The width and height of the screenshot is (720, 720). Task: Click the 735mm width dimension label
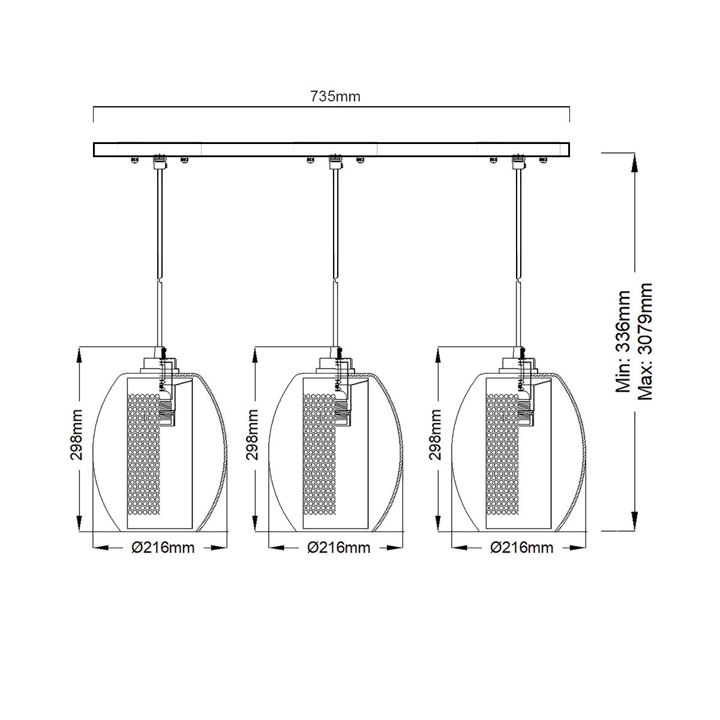tap(335, 96)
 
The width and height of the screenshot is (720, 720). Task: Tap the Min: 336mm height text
tap(624, 341)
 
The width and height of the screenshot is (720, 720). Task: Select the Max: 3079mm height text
tap(645, 341)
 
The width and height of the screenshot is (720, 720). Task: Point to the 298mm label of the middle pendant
tap(253, 434)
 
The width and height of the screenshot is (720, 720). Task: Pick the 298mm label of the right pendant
tap(436, 434)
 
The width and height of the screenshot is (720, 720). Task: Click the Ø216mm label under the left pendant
tap(163, 548)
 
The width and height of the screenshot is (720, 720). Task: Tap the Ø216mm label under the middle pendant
tap(338, 548)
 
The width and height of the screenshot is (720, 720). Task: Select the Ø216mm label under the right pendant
tap(521, 548)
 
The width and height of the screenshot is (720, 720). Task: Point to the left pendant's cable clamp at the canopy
tap(159, 161)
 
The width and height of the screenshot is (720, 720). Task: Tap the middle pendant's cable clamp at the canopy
tap(335, 161)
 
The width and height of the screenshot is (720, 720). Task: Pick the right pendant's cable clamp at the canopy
tap(517, 161)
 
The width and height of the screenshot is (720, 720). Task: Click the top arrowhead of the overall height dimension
tap(634, 162)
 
